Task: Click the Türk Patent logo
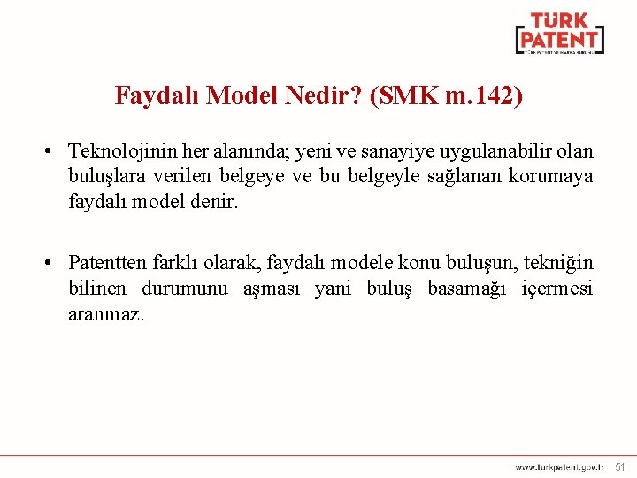coord(560,34)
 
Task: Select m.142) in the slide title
coord(486,96)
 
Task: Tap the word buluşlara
coord(104,176)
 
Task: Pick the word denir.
coord(216,201)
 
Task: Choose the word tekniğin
coord(559,263)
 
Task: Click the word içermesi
coord(557,288)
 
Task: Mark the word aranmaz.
coord(105,313)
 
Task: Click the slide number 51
coord(620,466)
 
